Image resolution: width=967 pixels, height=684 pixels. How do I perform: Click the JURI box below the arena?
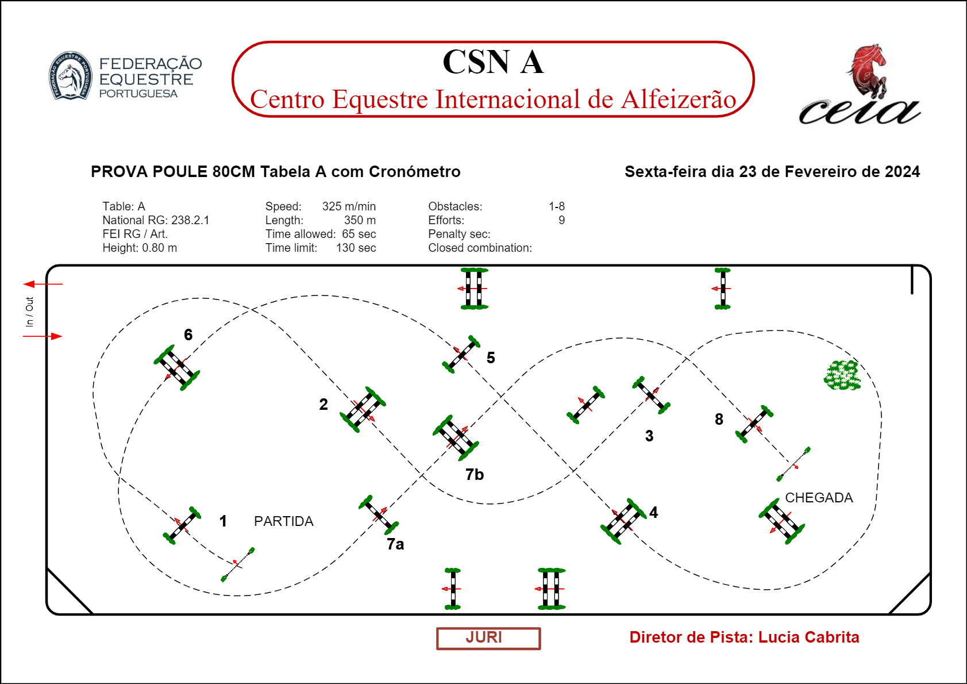488,638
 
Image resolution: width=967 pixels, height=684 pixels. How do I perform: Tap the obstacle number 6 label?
188,335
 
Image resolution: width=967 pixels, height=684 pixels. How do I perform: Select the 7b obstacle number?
475,475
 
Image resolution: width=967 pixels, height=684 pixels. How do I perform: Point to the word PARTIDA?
284,521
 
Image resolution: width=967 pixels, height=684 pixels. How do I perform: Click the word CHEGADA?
819,498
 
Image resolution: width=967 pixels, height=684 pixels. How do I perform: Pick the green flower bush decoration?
842,375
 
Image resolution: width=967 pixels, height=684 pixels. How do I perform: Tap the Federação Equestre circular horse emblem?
70,76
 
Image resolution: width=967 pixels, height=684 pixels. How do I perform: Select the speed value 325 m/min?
349,206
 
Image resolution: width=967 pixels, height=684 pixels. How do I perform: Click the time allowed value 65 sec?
359,234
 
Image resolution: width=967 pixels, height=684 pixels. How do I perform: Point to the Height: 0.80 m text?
140,248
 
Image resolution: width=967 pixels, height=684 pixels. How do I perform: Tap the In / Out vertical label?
29,312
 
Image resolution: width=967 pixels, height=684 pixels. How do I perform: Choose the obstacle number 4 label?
653,512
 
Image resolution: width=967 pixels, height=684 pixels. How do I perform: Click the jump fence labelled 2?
363,409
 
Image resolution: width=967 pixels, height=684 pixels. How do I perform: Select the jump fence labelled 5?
461,355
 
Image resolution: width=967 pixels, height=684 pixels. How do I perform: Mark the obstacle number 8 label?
719,419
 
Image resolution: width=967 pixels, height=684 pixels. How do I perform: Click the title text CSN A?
493,62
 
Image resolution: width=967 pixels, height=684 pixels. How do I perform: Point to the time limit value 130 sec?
356,248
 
